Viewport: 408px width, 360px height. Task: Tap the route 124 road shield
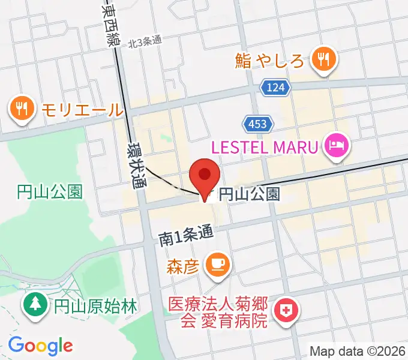(275, 88)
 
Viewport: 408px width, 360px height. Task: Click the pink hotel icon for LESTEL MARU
(337, 144)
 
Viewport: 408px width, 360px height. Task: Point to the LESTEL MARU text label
(264, 146)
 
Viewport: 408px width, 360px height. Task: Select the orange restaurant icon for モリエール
(22, 109)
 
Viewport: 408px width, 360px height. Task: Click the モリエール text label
(82, 110)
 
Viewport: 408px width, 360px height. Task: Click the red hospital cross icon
(285, 311)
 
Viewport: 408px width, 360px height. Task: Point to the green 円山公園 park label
(49, 192)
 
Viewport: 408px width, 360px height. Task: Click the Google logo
(40, 345)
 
